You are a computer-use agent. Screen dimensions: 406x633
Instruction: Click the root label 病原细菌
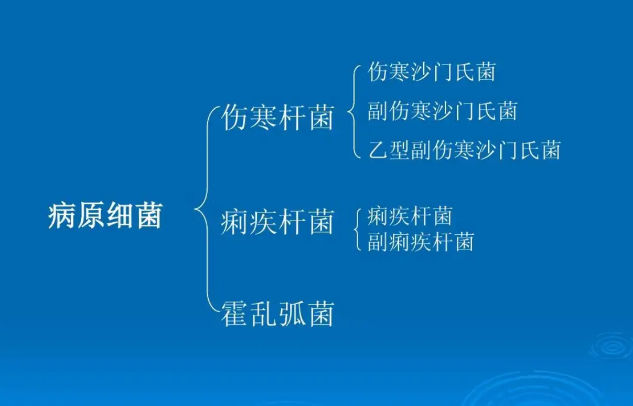(x=105, y=215)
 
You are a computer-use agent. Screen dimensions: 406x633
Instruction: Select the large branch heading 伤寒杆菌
(x=277, y=117)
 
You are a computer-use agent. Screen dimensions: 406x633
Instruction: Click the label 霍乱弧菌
(x=277, y=313)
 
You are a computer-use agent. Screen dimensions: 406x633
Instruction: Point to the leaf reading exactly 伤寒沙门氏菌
(x=431, y=72)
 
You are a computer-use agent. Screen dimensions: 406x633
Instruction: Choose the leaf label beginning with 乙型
(x=464, y=150)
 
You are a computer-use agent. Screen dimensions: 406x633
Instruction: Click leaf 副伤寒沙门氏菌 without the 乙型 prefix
(x=442, y=111)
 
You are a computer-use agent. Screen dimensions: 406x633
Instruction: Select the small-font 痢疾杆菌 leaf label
(x=410, y=215)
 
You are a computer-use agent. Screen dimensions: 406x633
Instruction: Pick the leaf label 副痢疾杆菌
(x=421, y=242)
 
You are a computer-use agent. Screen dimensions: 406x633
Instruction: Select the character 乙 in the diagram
(x=377, y=150)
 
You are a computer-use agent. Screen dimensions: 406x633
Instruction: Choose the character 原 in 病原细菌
(x=91, y=215)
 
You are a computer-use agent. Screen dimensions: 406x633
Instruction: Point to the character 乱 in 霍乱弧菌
(x=263, y=313)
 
